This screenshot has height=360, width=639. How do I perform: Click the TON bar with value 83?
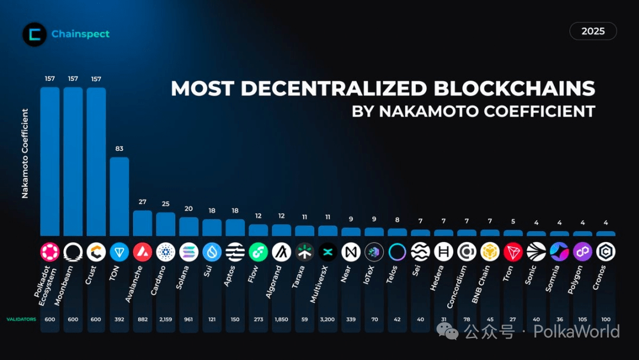tap(119, 196)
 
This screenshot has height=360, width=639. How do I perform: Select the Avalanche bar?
tap(143, 223)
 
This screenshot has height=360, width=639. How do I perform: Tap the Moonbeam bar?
tap(73, 162)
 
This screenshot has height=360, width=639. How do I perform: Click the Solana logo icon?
tap(189, 252)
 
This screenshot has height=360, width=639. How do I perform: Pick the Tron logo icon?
tap(513, 252)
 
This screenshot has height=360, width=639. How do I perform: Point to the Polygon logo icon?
tap(582, 252)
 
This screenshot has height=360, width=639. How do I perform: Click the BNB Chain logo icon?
tap(490, 252)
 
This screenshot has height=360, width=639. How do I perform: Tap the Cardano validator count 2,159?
tap(166, 320)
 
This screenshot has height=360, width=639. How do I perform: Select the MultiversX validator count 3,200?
tap(328, 320)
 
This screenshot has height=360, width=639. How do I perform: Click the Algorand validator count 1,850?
tap(282, 320)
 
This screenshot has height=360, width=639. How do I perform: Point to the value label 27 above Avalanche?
tap(143, 202)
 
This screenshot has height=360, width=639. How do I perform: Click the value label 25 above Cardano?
tap(166, 204)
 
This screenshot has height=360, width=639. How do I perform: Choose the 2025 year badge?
tap(593, 31)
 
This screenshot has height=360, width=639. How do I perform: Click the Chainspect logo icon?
tap(34, 34)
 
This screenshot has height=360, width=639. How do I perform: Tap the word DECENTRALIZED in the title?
tap(333, 89)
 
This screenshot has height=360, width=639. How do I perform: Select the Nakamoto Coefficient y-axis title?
tap(25, 153)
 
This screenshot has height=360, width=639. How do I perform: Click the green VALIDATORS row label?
tap(21, 320)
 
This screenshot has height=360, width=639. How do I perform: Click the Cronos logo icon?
tap(605, 252)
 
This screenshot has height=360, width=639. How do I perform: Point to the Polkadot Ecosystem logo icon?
tap(50, 252)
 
